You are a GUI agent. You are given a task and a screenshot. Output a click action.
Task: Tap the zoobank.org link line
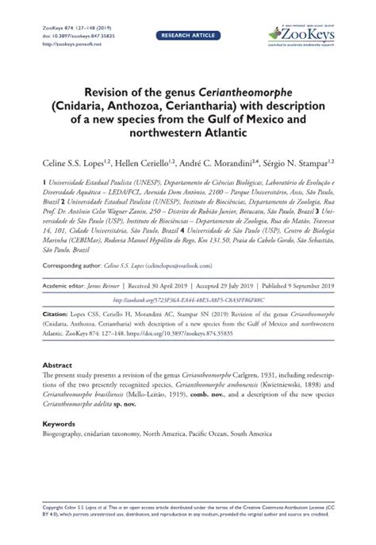coord(188,300)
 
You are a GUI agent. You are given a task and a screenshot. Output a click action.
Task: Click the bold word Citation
coord(56,314)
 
